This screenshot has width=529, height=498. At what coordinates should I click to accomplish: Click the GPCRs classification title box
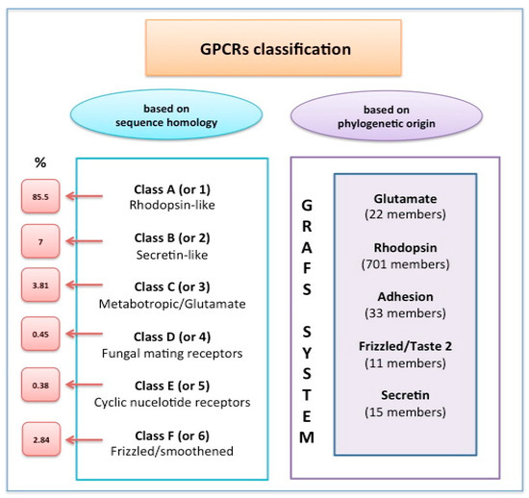tap(273, 47)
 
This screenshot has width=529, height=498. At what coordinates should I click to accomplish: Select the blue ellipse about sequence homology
tap(166, 115)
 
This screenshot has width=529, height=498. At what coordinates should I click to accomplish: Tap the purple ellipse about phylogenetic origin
tap(387, 116)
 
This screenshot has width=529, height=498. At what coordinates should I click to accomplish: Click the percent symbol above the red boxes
tap(40, 162)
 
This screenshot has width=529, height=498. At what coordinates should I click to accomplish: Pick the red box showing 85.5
tap(40, 196)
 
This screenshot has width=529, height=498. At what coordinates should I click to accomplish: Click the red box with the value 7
tap(40, 241)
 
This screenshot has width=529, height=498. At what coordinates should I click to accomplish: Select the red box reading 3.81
tap(40, 286)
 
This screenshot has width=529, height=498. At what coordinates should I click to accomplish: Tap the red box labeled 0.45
tap(40, 335)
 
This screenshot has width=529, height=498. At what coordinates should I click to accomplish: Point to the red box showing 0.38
tap(40, 386)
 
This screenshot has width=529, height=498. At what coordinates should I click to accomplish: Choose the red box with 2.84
tap(41, 439)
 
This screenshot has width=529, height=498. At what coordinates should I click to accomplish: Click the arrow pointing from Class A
tap(84, 196)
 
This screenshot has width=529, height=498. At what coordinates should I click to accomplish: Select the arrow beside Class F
tap(84, 439)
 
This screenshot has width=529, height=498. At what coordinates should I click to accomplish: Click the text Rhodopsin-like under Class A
tap(172, 205)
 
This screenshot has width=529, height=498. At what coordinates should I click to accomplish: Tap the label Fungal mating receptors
tap(172, 354)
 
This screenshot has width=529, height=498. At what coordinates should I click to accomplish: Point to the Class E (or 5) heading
tap(172, 386)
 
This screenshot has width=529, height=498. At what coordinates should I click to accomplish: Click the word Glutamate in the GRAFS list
tap(405, 199)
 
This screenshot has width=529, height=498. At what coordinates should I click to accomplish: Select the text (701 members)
tap(405, 264)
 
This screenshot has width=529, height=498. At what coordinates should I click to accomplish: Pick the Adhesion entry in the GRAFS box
tap(405, 297)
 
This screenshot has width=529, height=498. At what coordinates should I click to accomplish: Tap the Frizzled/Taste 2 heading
tap(405, 346)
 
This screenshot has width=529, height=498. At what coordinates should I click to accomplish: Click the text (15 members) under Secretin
tap(405, 412)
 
